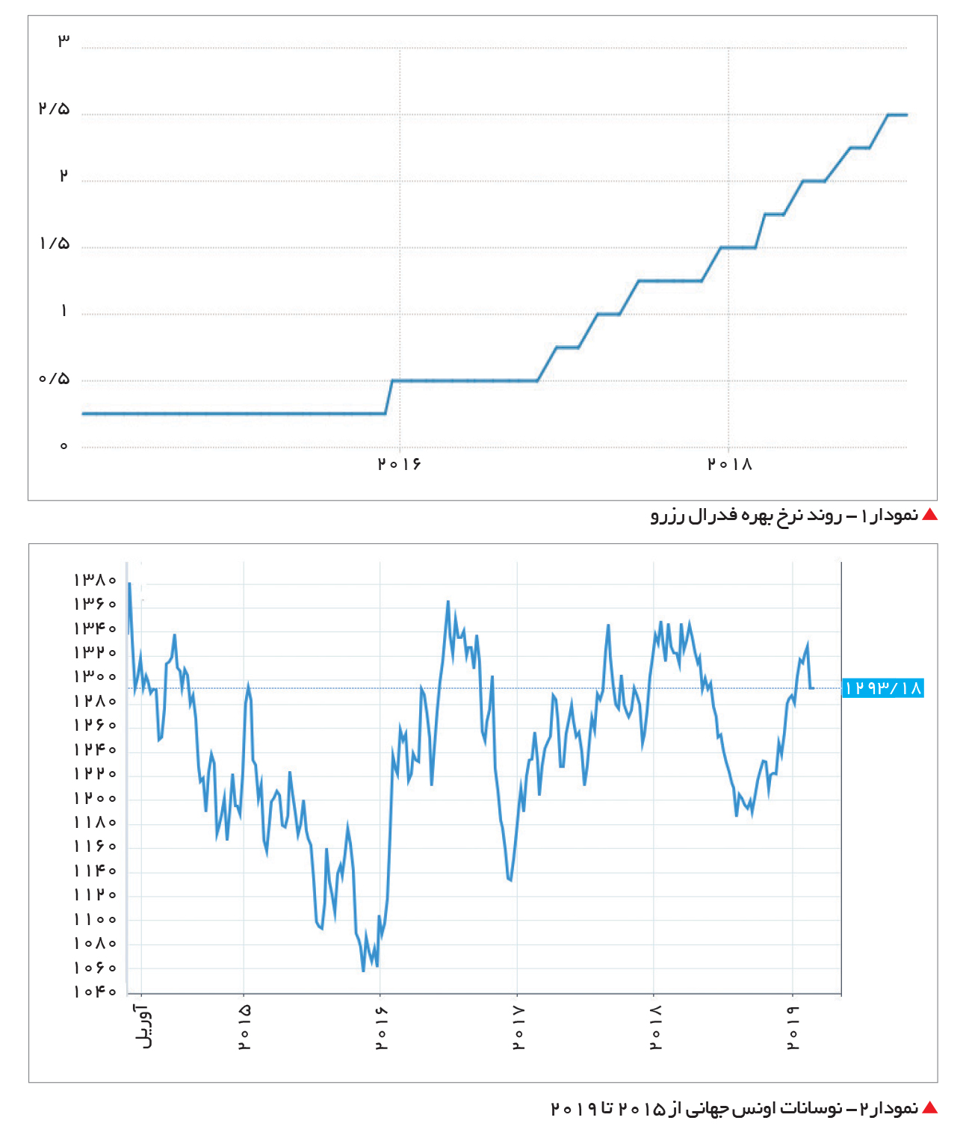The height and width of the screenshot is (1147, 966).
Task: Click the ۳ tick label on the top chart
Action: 64,40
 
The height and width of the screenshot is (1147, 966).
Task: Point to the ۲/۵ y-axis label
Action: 55,108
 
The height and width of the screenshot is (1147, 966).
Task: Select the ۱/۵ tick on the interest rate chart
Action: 55,244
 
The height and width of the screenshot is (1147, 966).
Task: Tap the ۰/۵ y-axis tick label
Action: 55,378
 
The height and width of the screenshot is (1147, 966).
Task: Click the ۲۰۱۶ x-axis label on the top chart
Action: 399,464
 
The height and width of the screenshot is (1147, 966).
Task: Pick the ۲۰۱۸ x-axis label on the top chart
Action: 729,464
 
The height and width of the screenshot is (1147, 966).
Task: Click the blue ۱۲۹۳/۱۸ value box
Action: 882,687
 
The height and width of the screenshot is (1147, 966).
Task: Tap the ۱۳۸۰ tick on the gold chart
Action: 95,580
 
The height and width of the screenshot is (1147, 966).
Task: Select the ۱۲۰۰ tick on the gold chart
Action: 95,797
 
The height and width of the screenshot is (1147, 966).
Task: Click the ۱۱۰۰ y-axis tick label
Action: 95,919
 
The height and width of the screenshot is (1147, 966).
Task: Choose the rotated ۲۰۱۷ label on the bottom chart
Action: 519,1027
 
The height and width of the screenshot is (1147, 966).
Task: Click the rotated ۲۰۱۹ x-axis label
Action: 793,1027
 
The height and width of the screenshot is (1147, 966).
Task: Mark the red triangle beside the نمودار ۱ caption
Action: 929,515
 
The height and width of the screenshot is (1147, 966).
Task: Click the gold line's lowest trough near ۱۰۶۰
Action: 363,971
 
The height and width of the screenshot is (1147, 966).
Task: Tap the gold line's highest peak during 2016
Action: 448,602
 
